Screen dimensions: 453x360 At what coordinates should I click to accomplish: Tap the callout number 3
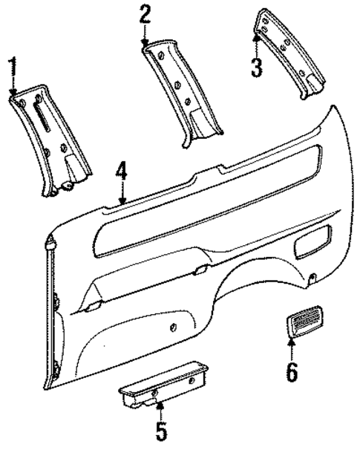pyautogui.click(x=255, y=68)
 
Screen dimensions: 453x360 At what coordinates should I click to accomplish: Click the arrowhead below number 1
pyautogui.click(x=12, y=92)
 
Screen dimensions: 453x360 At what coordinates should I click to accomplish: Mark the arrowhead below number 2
pyautogui.click(x=145, y=45)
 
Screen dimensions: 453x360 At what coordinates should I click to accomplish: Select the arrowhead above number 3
pyautogui.click(x=256, y=35)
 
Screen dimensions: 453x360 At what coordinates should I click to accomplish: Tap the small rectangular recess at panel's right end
pyautogui.click(x=312, y=246)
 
